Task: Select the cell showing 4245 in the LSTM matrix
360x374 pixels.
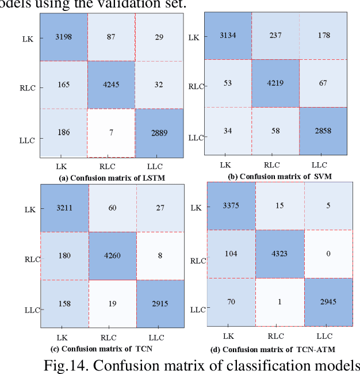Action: [x=111, y=85]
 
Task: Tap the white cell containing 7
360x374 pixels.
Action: [x=111, y=132]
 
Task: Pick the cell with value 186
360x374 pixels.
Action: [x=63, y=132]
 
